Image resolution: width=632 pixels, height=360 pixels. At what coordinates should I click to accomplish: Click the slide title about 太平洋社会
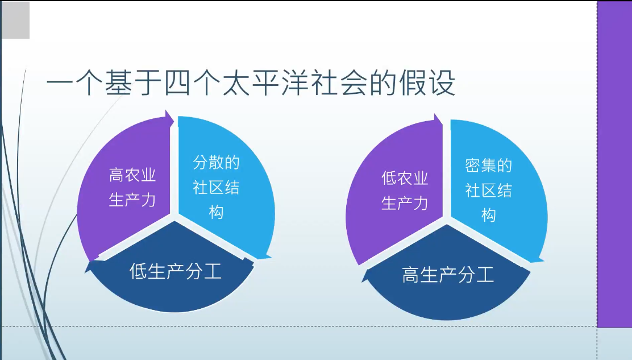point(251,83)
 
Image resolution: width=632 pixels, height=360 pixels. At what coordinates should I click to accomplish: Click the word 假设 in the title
point(427,83)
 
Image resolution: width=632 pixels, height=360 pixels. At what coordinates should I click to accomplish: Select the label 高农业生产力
point(132,188)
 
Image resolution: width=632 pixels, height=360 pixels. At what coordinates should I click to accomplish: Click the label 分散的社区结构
point(216,187)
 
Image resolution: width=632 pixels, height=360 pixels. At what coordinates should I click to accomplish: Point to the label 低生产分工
point(175,271)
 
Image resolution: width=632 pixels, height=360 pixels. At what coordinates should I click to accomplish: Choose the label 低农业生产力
point(405,191)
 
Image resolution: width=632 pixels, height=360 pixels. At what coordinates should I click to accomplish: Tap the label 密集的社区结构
point(489,190)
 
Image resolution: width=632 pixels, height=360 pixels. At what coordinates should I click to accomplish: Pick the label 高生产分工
point(448,275)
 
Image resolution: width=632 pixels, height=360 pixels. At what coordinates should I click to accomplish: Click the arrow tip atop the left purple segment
point(173,119)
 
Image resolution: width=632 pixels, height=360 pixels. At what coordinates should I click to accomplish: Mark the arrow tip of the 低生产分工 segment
point(85,272)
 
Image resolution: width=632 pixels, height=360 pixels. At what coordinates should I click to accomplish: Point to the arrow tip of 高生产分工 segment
point(363,281)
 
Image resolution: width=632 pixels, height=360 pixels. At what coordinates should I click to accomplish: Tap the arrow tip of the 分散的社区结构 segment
point(271,256)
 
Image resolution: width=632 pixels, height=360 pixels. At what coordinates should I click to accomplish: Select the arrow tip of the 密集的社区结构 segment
point(543,260)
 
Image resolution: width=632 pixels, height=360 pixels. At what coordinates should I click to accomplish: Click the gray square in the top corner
point(15,20)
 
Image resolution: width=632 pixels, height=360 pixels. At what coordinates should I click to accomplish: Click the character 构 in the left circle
point(216,212)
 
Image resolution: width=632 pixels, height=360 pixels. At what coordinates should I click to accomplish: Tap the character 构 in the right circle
point(489,215)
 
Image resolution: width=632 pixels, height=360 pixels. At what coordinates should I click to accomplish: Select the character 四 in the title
point(177,83)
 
